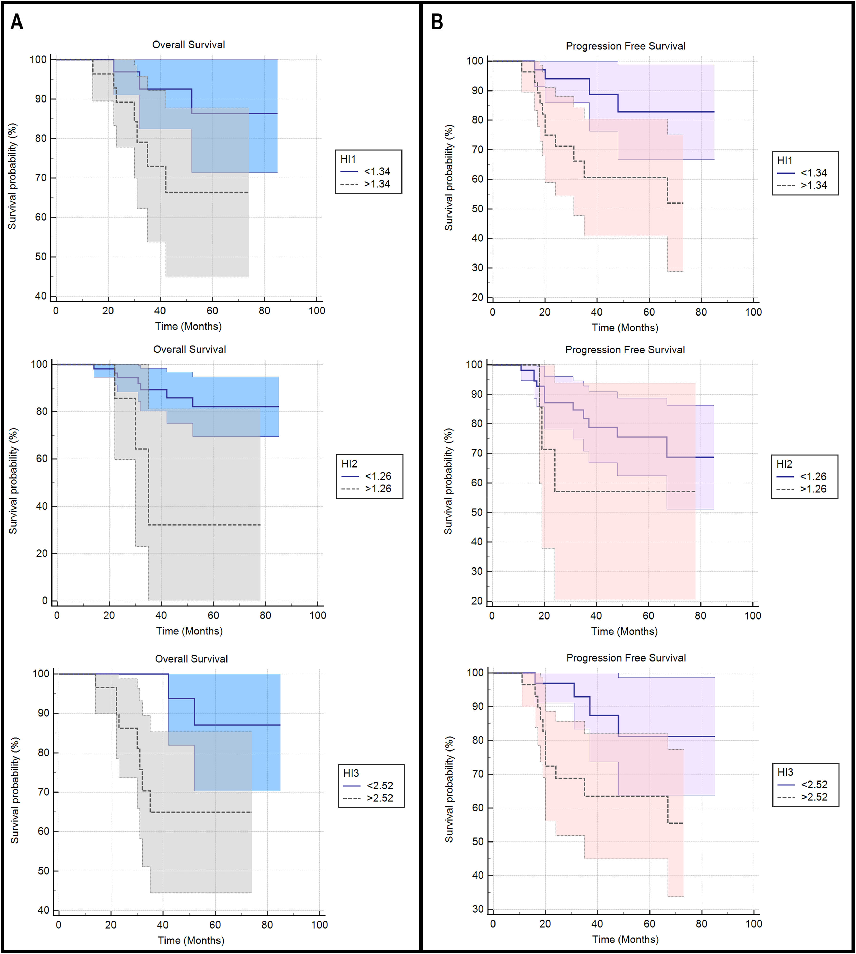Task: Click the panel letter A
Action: pyautogui.click(x=17, y=22)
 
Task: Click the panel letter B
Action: pyautogui.click(x=437, y=22)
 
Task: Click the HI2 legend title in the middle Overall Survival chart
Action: pyautogui.click(x=349, y=464)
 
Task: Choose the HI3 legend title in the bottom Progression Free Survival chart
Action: pyautogui.click(x=786, y=772)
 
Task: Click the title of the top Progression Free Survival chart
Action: pyautogui.click(x=626, y=46)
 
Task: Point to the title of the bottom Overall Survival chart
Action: pyautogui.click(x=191, y=658)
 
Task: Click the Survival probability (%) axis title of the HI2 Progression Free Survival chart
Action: pyautogui.click(x=448, y=481)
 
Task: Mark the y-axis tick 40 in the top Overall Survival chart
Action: pyautogui.click(x=41, y=296)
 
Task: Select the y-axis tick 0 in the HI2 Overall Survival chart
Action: pyautogui.click(x=45, y=601)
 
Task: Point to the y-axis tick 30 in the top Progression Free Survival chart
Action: pyautogui.click(x=477, y=268)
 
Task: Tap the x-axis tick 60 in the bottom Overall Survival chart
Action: pyautogui.click(x=215, y=924)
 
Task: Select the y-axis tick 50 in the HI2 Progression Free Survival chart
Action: pyautogui.click(x=477, y=512)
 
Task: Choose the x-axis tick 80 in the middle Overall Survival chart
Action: pyautogui.click(x=265, y=615)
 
